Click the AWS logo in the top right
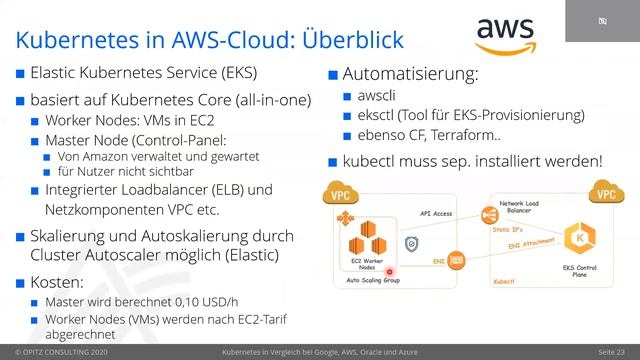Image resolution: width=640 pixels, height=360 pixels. click(x=505, y=38)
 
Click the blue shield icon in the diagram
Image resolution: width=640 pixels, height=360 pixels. click(x=411, y=244)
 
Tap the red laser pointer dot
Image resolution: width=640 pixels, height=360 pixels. click(x=388, y=271)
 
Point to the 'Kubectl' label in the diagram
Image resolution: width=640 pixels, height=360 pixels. click(x=505, y=282)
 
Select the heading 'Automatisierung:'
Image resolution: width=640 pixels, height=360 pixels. click(x=410, y=74)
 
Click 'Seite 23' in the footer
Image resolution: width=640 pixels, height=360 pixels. click(x=611, y=353)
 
